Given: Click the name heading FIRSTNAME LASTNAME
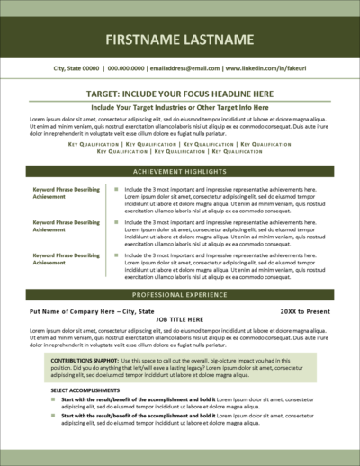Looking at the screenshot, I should tap(180, 40).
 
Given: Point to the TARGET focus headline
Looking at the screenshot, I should tap(180, 93).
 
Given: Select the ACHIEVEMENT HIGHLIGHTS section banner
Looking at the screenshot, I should tap(180, 171).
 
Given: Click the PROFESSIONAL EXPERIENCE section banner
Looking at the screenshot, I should tap(180, 295).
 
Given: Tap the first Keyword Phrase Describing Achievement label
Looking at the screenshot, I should tap(66, 194).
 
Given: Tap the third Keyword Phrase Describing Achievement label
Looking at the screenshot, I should tap(66, 259).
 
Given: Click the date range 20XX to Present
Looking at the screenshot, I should tap(304, 310).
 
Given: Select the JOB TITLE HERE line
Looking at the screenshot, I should tap(180, 319).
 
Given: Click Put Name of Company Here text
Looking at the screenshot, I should tap(67, 310).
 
